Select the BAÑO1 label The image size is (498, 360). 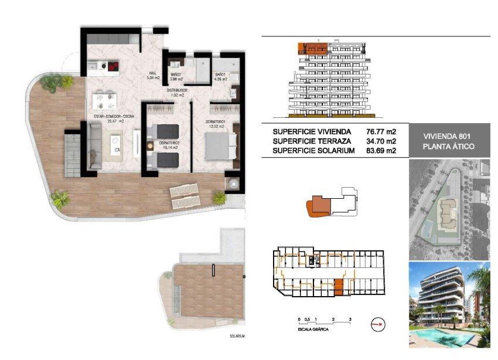click(x=220, y=74)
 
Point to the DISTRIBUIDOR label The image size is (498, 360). click(x=176, y=91)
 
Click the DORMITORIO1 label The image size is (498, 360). click(x=216, y=122)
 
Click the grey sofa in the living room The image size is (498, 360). click(x=94, y=145)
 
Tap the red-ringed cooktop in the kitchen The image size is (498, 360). click(x=114, y=66)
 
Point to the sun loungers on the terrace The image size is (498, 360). click(x=185, y=195)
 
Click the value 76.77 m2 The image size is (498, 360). click(x=381, y=131)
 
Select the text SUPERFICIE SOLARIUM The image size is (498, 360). click(x=313, y=151)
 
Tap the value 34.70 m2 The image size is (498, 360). click(x=381, y=141)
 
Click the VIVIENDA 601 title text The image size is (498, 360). click(x=448, y=136)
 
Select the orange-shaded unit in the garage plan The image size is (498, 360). click(x=338, y=287)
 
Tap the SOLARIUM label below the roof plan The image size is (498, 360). click(x=237, y=337)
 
